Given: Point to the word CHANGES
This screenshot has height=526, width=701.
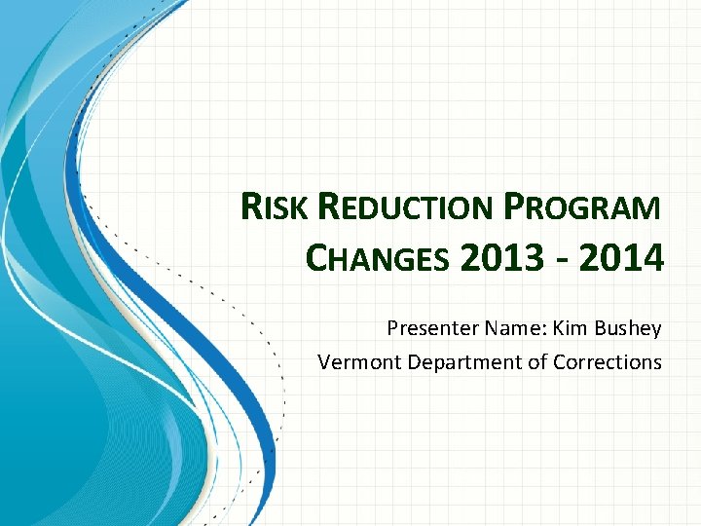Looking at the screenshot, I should click(377, 259).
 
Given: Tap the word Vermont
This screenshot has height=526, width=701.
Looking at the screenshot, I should click(360, 362).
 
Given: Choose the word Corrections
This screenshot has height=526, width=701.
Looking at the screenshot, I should click(608, 362).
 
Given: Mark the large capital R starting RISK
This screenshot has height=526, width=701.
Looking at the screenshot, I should click(251, 208).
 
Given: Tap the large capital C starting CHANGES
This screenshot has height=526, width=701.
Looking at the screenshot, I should click(317, 259).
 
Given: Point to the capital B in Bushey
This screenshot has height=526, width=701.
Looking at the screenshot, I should click(599, 328).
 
